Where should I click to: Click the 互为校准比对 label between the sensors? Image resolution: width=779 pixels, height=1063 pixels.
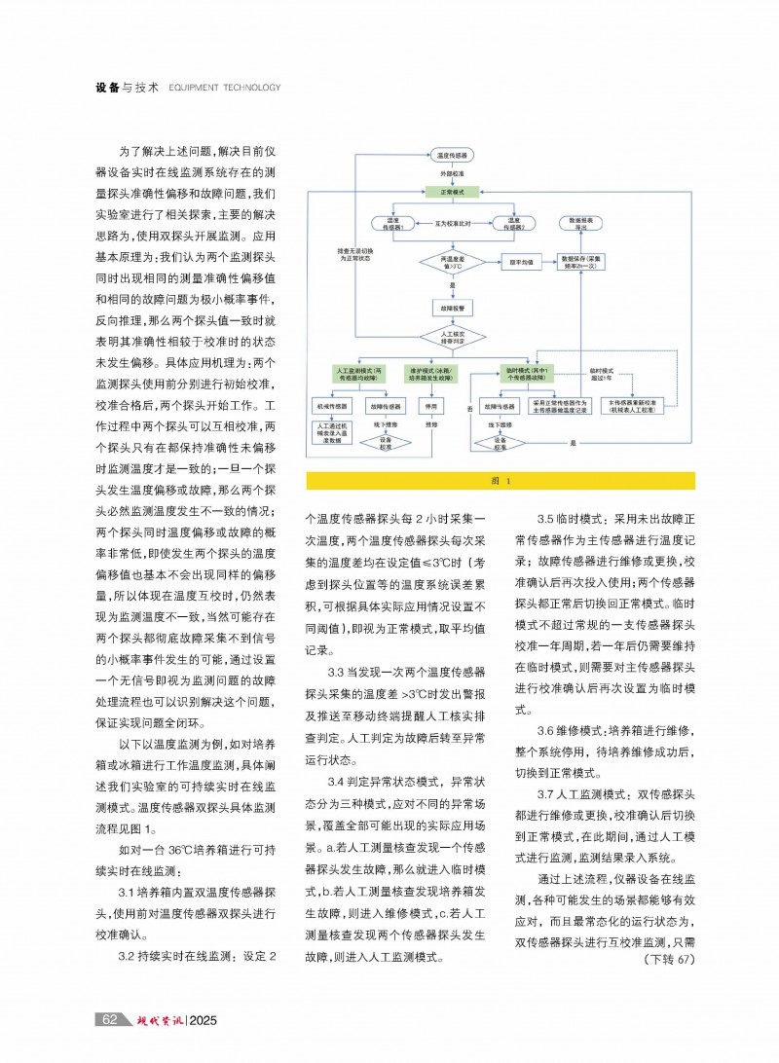point(454,224)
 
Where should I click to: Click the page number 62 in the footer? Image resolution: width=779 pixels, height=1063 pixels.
point(110,1019)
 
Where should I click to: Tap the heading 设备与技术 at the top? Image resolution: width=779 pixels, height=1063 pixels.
point(128,88)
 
